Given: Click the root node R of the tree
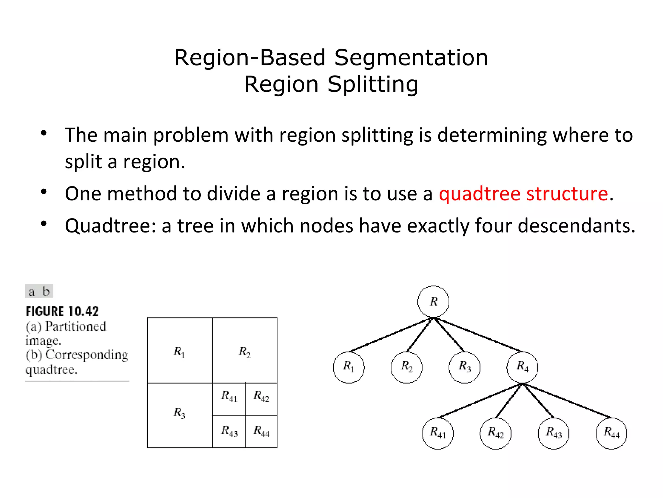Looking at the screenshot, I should coord(433,302).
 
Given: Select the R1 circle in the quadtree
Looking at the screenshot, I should coord(349,367).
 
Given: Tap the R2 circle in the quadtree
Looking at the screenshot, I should coord(407,367).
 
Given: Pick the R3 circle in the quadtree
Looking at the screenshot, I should coord(465,367).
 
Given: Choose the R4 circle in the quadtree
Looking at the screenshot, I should coord(522,367).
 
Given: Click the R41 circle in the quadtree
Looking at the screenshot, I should coord(438,433).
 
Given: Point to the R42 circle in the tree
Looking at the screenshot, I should coord(496,433).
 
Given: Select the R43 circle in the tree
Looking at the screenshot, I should coord(554,433).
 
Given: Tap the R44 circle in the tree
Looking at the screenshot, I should coord(611,433).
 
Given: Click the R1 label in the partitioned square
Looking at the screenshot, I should coord(179,352).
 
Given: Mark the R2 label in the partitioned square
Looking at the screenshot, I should coord(245,352).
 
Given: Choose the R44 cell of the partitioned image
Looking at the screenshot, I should coord(262,431).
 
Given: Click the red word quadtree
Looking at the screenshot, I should coord(479,194).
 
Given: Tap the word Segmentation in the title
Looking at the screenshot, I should coord(411,58).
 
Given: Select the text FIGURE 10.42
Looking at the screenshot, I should coord(62,312).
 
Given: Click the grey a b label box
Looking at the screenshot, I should coord(39,291).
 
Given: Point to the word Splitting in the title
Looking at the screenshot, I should coord(373,84).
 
